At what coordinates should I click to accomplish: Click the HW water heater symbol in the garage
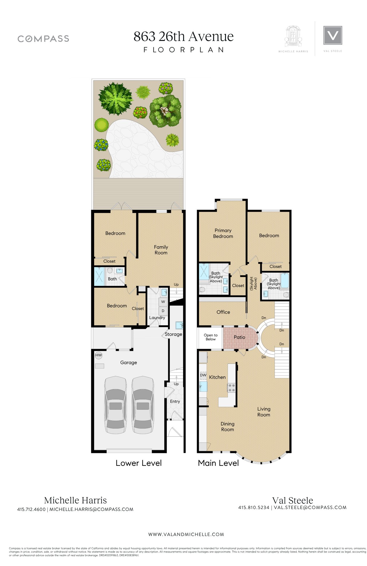tap(99, 355)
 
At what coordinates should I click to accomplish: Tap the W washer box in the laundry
tap(163, 302)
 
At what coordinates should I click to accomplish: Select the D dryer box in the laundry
tap(163, 311)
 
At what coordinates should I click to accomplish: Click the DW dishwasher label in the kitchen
tap(203, 375)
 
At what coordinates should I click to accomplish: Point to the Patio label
tap(239, 337)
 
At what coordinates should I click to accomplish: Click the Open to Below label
tap(211, 337)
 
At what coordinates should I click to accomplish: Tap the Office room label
tap(223, 312)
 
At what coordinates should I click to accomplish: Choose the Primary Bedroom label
tap(223, 233)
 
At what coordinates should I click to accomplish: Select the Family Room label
tap(161, 250)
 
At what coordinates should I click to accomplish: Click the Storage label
tap(173, 334)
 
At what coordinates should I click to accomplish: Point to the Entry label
tap(175, 401)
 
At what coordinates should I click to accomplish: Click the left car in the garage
tap(116, 405)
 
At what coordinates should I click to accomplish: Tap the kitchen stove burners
tap(231, 388)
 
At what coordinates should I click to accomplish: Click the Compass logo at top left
tap(43, 39)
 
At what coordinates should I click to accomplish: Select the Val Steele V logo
tap(333, 35)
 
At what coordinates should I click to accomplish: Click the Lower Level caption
tap(138, 463)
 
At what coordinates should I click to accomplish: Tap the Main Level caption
tap(218, 463)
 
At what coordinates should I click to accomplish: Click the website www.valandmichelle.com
tap(186, 534)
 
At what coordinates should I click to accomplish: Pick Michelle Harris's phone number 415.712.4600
tap(31, 509)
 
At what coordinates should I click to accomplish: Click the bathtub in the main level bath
tap(285, 281)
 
